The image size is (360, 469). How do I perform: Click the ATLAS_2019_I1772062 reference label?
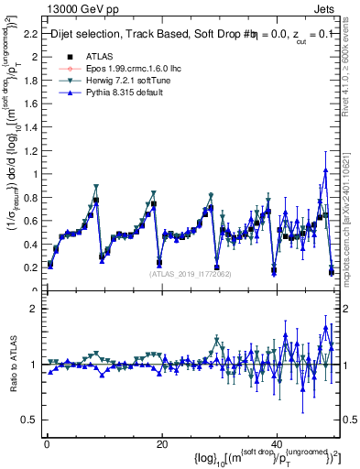tap(191, 274)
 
